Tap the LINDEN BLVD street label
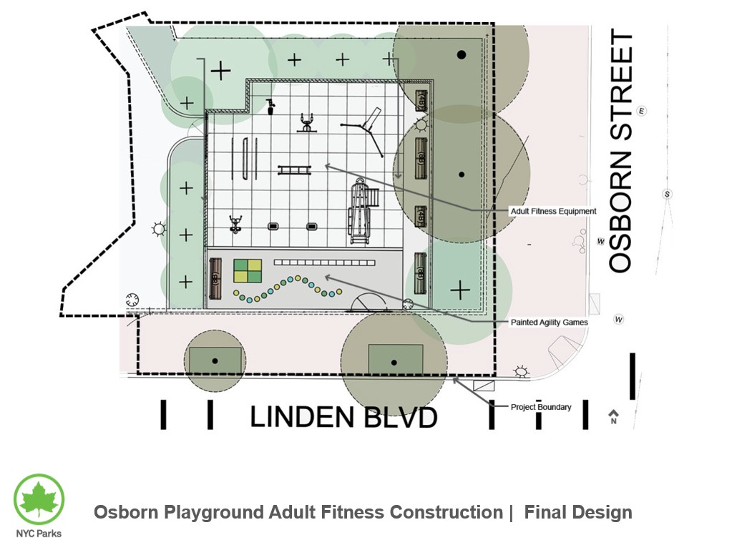point(343,417)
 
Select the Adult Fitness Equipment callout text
point(553,212)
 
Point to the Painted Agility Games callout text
point(549,323)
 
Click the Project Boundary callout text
point(541,407)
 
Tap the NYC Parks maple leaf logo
point(39,499)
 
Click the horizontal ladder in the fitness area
point(295,170)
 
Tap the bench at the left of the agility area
point(215,278)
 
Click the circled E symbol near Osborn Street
point(642,111)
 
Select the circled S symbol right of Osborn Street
point(668,194)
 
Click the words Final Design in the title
point(578,512)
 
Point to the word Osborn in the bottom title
point(126,512)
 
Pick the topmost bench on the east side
point(421,99)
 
